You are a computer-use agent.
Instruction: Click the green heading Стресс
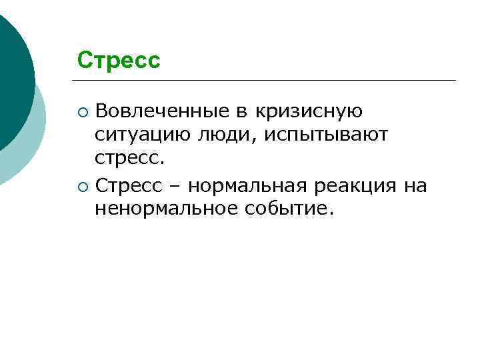(119, 61)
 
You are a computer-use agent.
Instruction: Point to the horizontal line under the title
(267, 81)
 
